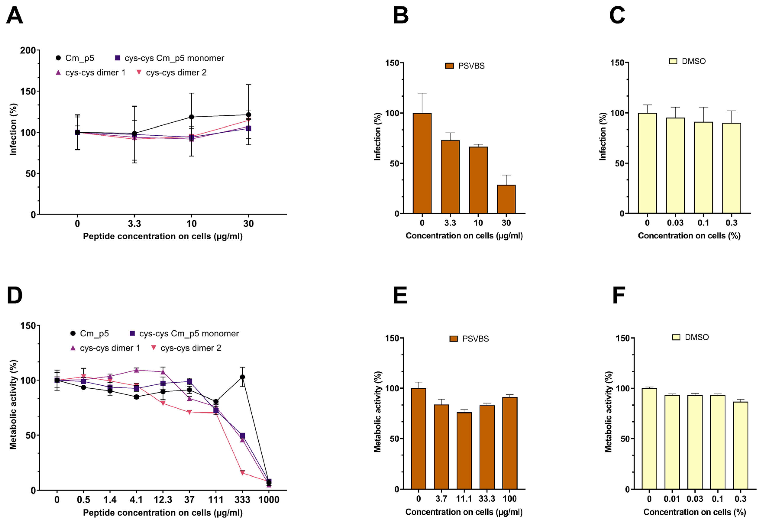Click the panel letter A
tap(14, 15)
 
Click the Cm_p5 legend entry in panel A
tap(75, 58)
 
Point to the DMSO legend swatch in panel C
tap(673, 61)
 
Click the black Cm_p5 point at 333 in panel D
tap(242, 377)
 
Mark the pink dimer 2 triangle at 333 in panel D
tap(242, 473)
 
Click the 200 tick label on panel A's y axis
tap(28, 50)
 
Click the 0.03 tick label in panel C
tap(675, 223)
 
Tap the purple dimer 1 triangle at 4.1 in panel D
tap(136, 370)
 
